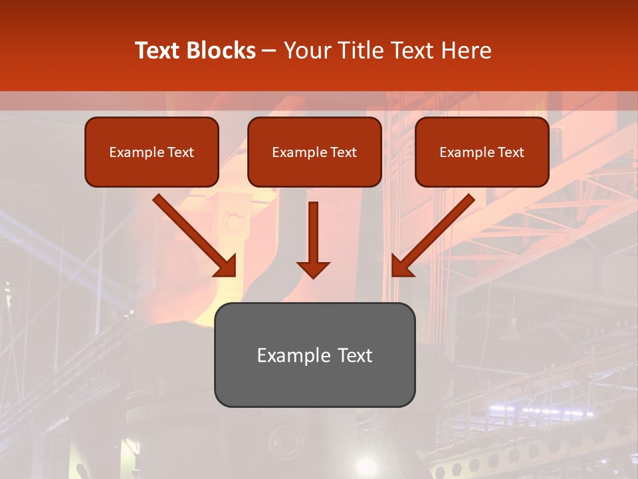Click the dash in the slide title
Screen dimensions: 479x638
pos(269,51)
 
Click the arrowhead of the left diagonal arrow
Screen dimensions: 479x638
pos(227,267)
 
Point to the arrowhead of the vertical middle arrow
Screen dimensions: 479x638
pos(313,269)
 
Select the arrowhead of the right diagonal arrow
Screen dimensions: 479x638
pos(401,267)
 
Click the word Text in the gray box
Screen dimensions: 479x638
pos(355,355)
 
